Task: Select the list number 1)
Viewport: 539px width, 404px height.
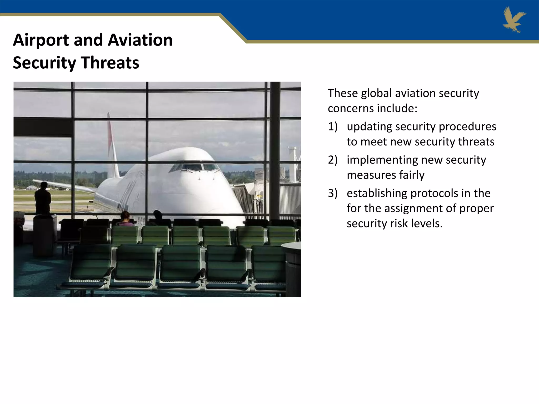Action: click(x=332, y=127)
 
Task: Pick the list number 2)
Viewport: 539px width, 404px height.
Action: click(x=332, y=160)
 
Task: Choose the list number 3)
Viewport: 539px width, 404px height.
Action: click(x=332, y=193)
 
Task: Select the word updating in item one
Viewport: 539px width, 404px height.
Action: click(x=369, y=127)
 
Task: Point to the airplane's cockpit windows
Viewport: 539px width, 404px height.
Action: click(x=195, y=167)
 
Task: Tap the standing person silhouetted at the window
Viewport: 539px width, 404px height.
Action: click(x=43, y=199)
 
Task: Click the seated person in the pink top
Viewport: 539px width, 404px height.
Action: click(x=126, y=220)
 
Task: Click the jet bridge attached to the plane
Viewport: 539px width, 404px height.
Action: click(x=245, y=197)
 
